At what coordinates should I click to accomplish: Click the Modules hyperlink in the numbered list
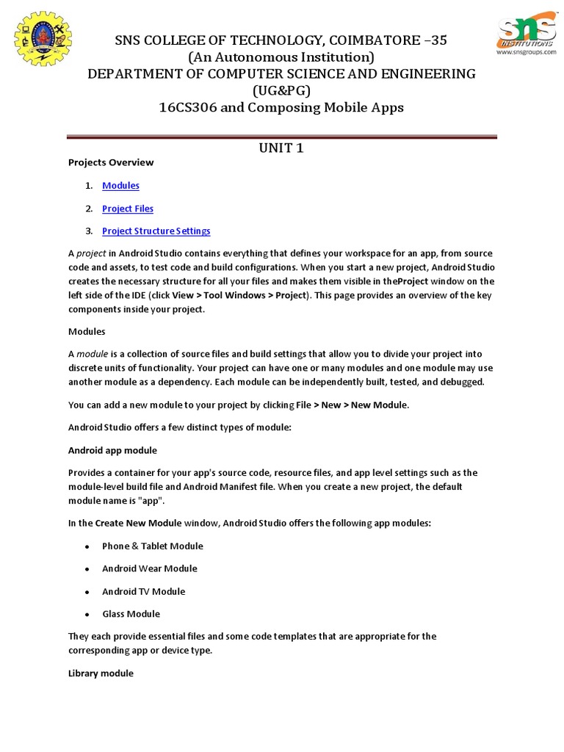pos(120,186)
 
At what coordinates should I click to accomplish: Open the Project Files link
pos(128,209)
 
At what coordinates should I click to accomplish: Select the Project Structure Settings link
pos(156,231)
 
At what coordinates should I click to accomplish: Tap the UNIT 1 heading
pos(281,148)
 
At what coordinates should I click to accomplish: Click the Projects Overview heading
pos(111,162)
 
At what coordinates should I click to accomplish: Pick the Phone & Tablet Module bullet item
pos(153,546)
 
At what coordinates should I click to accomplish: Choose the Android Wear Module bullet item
pos(150,568)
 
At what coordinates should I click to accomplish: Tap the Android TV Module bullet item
pos(143,591)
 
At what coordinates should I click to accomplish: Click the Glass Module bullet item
pos(131,614)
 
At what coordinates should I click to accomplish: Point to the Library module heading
pos(101,673)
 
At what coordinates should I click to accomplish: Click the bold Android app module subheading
pos(112,450)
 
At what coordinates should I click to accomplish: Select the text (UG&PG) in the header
pos(281,91)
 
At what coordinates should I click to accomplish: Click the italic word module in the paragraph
pos(92,354)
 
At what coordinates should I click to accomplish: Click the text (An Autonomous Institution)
pos(281,57)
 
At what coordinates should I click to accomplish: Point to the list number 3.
pos(88,231)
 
